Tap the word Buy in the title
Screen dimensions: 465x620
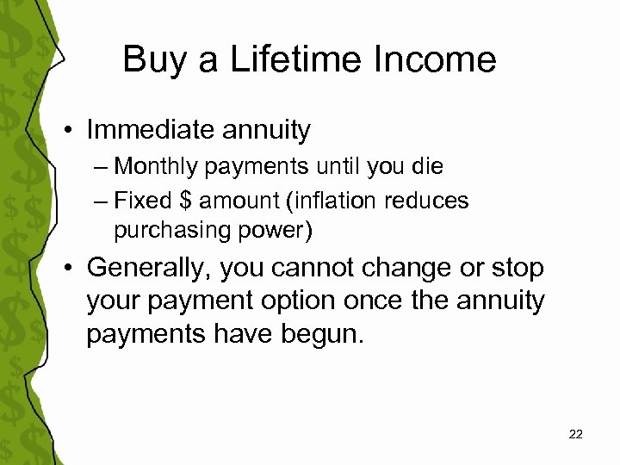point(150,60)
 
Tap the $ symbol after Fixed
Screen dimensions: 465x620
point(184,201)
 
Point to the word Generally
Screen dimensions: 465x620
point(148,269)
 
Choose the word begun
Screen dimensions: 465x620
point(325,334)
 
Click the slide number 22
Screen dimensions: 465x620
point(576,434)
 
